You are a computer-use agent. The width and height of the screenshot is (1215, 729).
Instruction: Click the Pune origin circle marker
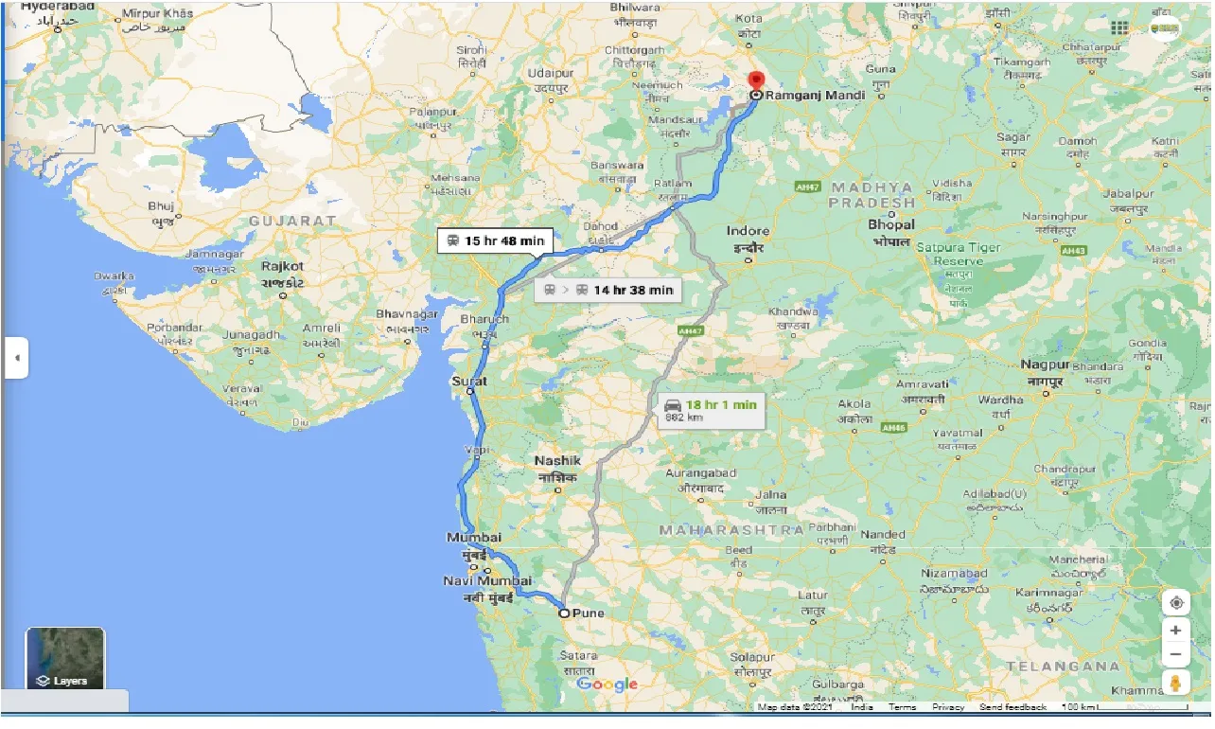point(564,613)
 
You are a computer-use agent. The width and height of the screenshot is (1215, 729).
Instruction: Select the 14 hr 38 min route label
point(608,290)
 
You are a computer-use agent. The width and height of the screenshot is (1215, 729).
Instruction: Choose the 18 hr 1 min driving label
point(711,409)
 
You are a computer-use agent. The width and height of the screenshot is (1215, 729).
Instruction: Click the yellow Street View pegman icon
point(1175,682)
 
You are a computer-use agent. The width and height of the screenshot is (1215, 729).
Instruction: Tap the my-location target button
point(1175,603)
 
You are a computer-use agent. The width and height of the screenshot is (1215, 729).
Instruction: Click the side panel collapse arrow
point(16,358)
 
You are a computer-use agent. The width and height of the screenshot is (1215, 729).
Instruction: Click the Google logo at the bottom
point(607,685)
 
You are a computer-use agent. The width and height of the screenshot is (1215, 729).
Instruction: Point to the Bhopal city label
point(891,225)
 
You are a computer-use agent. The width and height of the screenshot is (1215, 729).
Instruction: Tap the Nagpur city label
point(1045,364)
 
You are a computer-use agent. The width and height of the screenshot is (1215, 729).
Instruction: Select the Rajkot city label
point(283,267)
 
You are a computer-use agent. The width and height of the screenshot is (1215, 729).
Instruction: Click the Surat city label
point(470,381)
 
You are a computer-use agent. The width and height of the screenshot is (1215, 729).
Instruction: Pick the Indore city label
point(748,231)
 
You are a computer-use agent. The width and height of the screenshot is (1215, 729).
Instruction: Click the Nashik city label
point(557,461)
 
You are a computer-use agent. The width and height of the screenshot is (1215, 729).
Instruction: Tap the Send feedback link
point(1012,707)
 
